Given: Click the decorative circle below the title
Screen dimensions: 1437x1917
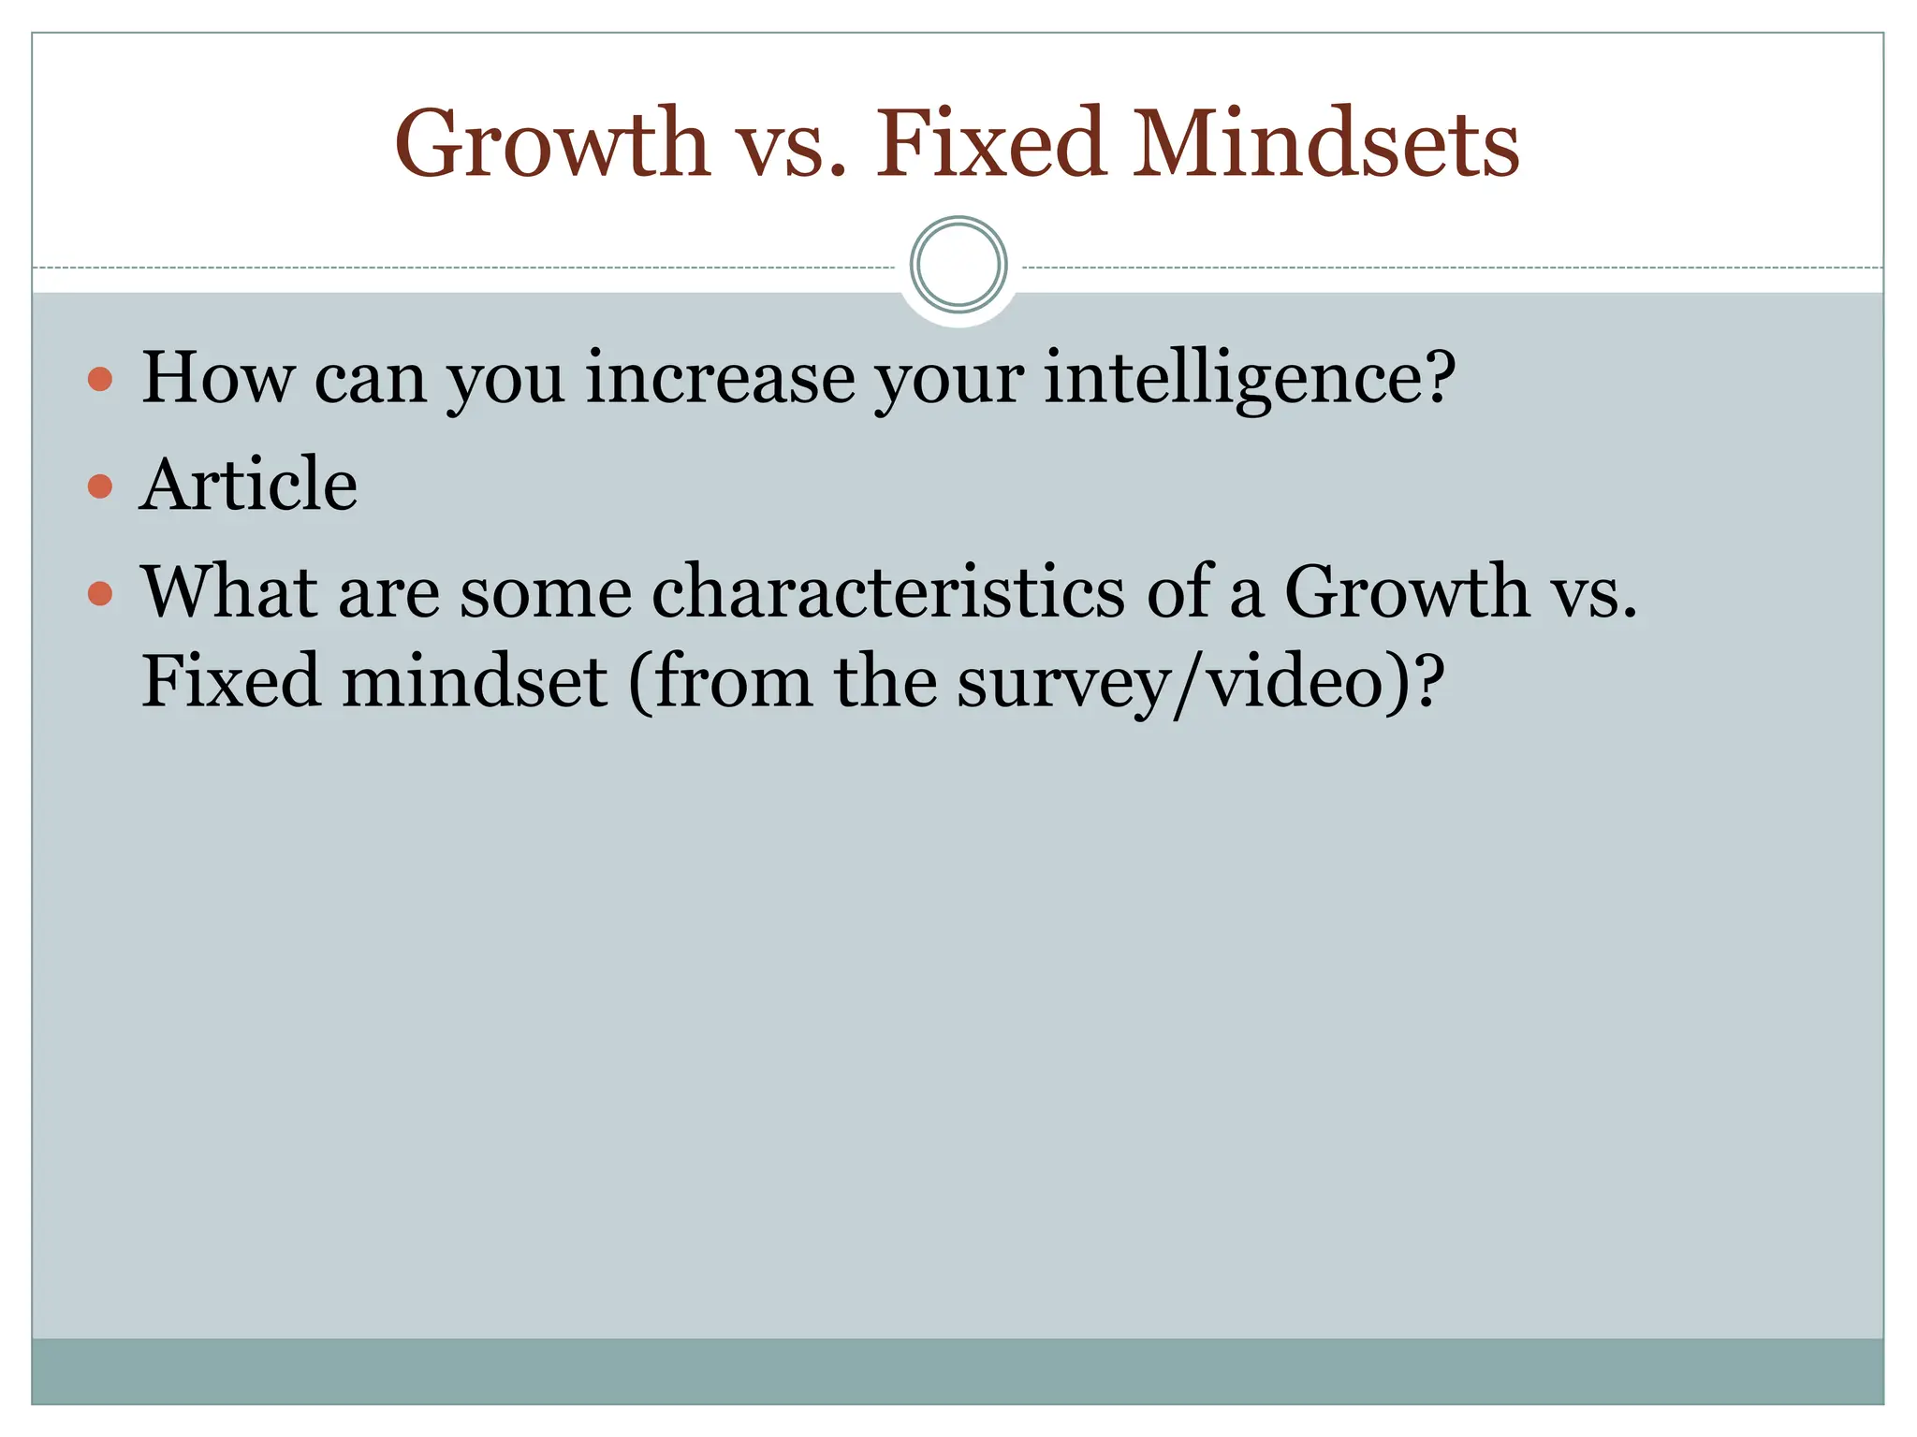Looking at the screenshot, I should [x=958, y=265].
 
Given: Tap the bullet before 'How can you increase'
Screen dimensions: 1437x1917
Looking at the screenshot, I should [x=100, y=379].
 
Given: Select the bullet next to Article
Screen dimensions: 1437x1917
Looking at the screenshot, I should [x=100, y=486].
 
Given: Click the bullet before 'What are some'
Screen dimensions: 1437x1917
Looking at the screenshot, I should [x=100, y=594].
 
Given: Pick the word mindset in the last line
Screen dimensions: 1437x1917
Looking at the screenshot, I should [x=476, y=681].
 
